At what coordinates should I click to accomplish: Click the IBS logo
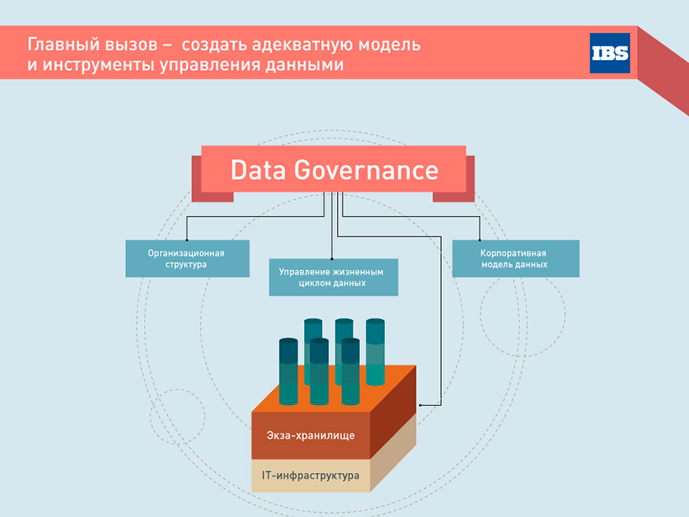(609, 53)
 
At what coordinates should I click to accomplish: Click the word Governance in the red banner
(366, 170)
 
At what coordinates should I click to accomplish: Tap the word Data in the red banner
(258, 170)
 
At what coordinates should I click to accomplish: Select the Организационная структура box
(187, 258)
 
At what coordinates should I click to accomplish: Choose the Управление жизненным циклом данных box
(334, 277)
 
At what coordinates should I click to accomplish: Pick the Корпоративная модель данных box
(516, 258)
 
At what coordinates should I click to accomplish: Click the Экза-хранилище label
(311, 435)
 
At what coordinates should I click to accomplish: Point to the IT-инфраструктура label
(311, 475)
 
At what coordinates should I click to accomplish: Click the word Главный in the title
(57, 45)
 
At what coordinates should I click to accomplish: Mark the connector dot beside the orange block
(420, 405)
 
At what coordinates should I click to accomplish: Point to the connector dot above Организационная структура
(187, 240)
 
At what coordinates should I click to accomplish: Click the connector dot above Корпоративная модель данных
(480, 240)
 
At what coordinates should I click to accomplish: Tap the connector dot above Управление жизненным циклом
(332, 259)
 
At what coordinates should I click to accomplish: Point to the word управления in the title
(209, 65)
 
